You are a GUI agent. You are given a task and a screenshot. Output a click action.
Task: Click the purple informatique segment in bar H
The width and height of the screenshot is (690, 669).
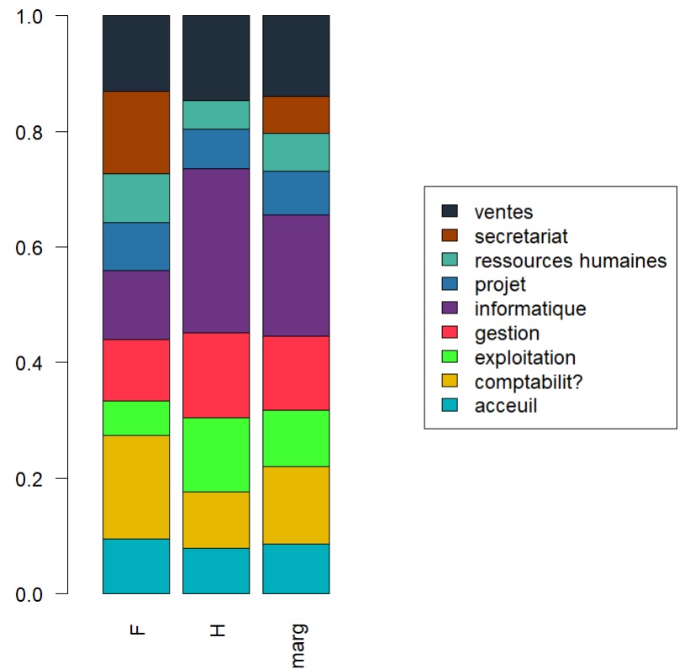point(216,250)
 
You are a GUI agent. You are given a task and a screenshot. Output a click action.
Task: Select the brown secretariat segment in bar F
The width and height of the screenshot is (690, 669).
point(136,132)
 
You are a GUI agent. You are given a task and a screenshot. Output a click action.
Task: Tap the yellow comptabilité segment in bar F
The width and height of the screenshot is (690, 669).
point(136,487)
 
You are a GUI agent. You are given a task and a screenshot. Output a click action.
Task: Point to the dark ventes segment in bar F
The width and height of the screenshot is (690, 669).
point(136,53)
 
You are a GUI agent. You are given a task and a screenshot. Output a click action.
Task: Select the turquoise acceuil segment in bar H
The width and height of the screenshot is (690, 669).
point(216,571)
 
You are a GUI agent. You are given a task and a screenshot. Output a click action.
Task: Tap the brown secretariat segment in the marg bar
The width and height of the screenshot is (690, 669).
point(296,114)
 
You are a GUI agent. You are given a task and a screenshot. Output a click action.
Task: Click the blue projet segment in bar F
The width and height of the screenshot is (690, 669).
point(136,246)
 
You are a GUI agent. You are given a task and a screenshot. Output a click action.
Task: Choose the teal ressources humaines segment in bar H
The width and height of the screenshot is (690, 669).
point(216,114)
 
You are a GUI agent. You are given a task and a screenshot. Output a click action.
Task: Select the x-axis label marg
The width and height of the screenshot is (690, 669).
point(298,645)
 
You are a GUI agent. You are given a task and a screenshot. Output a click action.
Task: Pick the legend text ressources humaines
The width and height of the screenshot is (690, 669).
point(570,261)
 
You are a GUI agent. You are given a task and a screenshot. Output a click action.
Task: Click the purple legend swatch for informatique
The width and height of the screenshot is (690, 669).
point(450,308)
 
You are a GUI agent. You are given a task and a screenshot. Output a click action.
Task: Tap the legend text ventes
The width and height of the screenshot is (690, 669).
point(503,212)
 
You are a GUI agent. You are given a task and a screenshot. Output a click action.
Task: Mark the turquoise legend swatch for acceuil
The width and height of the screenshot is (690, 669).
point(450,406)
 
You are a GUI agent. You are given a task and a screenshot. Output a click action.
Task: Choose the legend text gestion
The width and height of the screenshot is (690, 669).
point(506,333)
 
